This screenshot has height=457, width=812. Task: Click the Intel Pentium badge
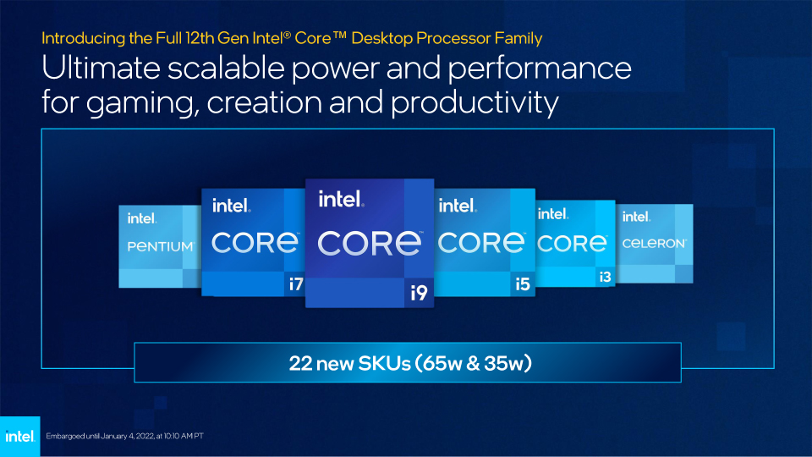pyautogui.click(x=160, y=245)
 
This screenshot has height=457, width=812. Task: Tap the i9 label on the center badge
pyautogui.click(x=419, y=293)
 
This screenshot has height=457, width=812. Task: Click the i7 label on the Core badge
pyautogui.click(x=294, y=284)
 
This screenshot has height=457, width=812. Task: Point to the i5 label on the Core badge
pyautogui.click(x=523, y=284)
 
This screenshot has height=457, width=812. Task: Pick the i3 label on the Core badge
pyautogui.click(x=605, y=276)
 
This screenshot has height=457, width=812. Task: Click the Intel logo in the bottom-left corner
pyautogui.click(x=19, y=437)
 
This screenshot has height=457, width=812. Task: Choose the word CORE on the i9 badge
pyautogui.click(x=370, y=244)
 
